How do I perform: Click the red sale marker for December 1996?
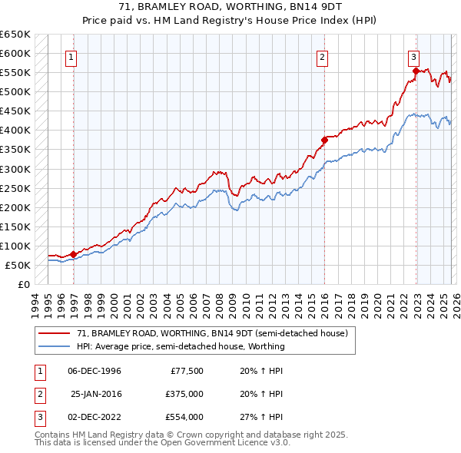73,254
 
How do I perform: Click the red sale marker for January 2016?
324,140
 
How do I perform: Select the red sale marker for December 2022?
416,71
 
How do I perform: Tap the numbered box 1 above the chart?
71,56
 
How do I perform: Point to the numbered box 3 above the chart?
413,56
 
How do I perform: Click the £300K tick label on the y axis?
15,169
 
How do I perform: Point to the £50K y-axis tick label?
18,265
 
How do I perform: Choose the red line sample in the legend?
55,333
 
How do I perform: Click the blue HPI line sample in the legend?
55,346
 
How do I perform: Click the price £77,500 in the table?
184,371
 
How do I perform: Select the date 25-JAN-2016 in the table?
96,394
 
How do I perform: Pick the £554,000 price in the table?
184,417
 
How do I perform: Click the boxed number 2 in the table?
38,394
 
